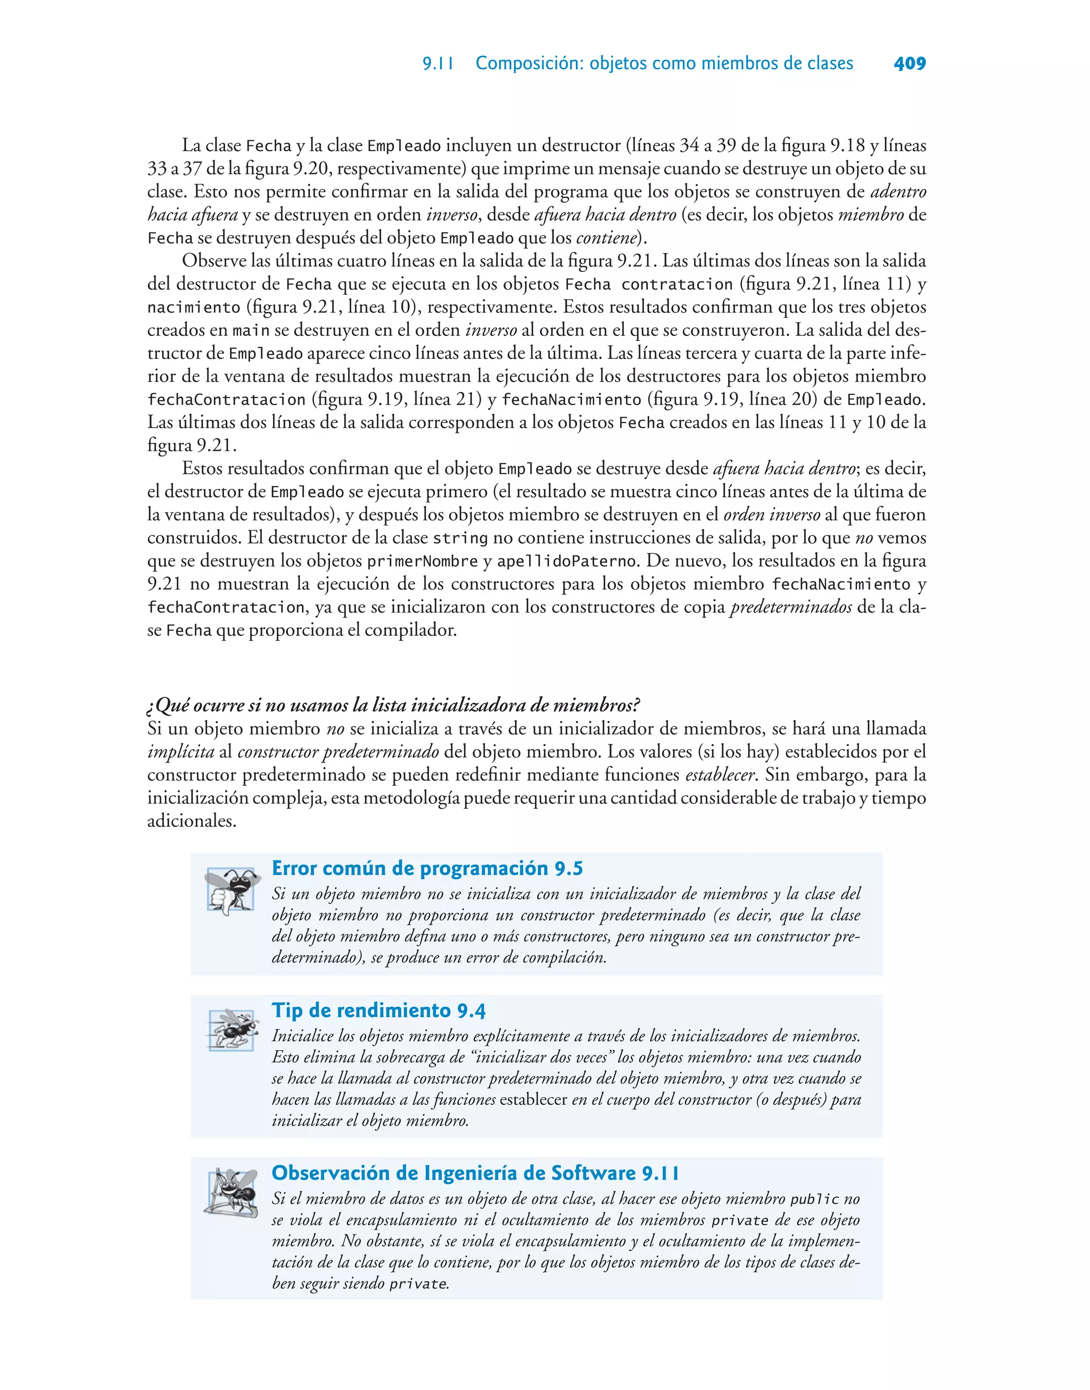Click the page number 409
910,64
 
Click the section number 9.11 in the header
438,64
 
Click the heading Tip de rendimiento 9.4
378,1011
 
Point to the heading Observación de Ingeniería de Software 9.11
475,1173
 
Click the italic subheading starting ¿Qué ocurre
393,706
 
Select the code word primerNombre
423,561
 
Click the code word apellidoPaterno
567,561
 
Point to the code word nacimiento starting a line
193,308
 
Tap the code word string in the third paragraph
460,539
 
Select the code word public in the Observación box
814,1199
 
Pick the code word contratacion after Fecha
676,285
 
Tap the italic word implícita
180,752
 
